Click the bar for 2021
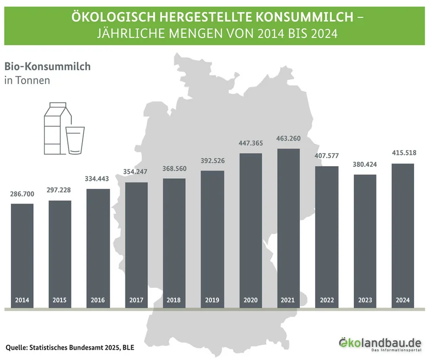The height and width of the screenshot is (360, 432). tap(289, 228)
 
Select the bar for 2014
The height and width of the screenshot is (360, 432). tap(22, 256)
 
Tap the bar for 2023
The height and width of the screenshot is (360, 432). tap(365, 241)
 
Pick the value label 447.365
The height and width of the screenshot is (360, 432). tap(251, 143)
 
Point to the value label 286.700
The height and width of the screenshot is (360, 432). tap(22, 194)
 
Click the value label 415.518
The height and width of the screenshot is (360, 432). tap(404, 153)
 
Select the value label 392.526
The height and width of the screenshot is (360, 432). tap(212, 161)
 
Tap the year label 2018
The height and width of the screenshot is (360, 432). tap(173, 300)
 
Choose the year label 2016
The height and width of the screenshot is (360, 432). tap(98, 300)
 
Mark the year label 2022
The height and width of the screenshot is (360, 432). tap(327, 300)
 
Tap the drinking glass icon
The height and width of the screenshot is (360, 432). tap(75, 141)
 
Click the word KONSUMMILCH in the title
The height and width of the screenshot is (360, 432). tap(304, 17)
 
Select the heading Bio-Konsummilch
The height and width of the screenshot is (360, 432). tap(47, 67)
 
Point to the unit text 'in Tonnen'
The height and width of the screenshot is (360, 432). tap(27, 80)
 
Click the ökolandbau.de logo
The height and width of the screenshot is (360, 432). tap(380, 344)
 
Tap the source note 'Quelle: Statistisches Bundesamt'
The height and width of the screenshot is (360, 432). tap(55, 348)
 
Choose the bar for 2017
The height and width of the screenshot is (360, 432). tap(136, 245)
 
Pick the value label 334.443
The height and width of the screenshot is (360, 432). tap(97, 179)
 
